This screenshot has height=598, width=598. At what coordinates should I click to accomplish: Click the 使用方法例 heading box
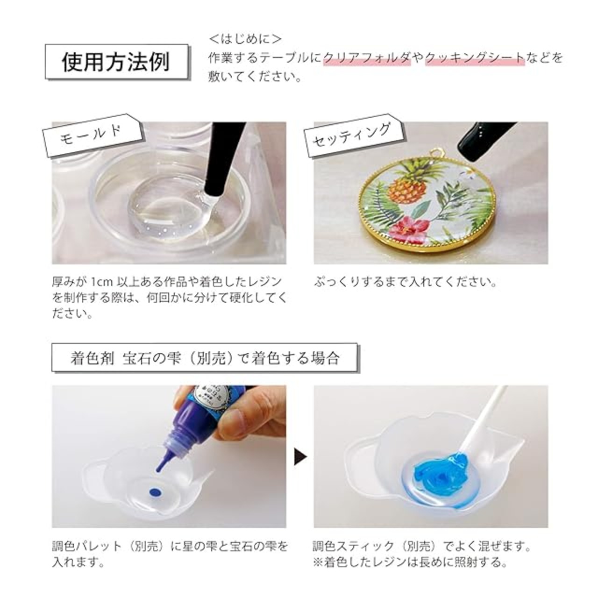tap(116, 62)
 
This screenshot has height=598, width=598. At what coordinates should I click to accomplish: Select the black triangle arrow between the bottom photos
tap(300, 456)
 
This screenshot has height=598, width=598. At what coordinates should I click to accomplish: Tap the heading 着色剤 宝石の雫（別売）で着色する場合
tap(205, 358)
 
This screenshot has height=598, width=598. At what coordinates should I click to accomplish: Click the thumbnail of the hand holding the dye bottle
tap(169, 456)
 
